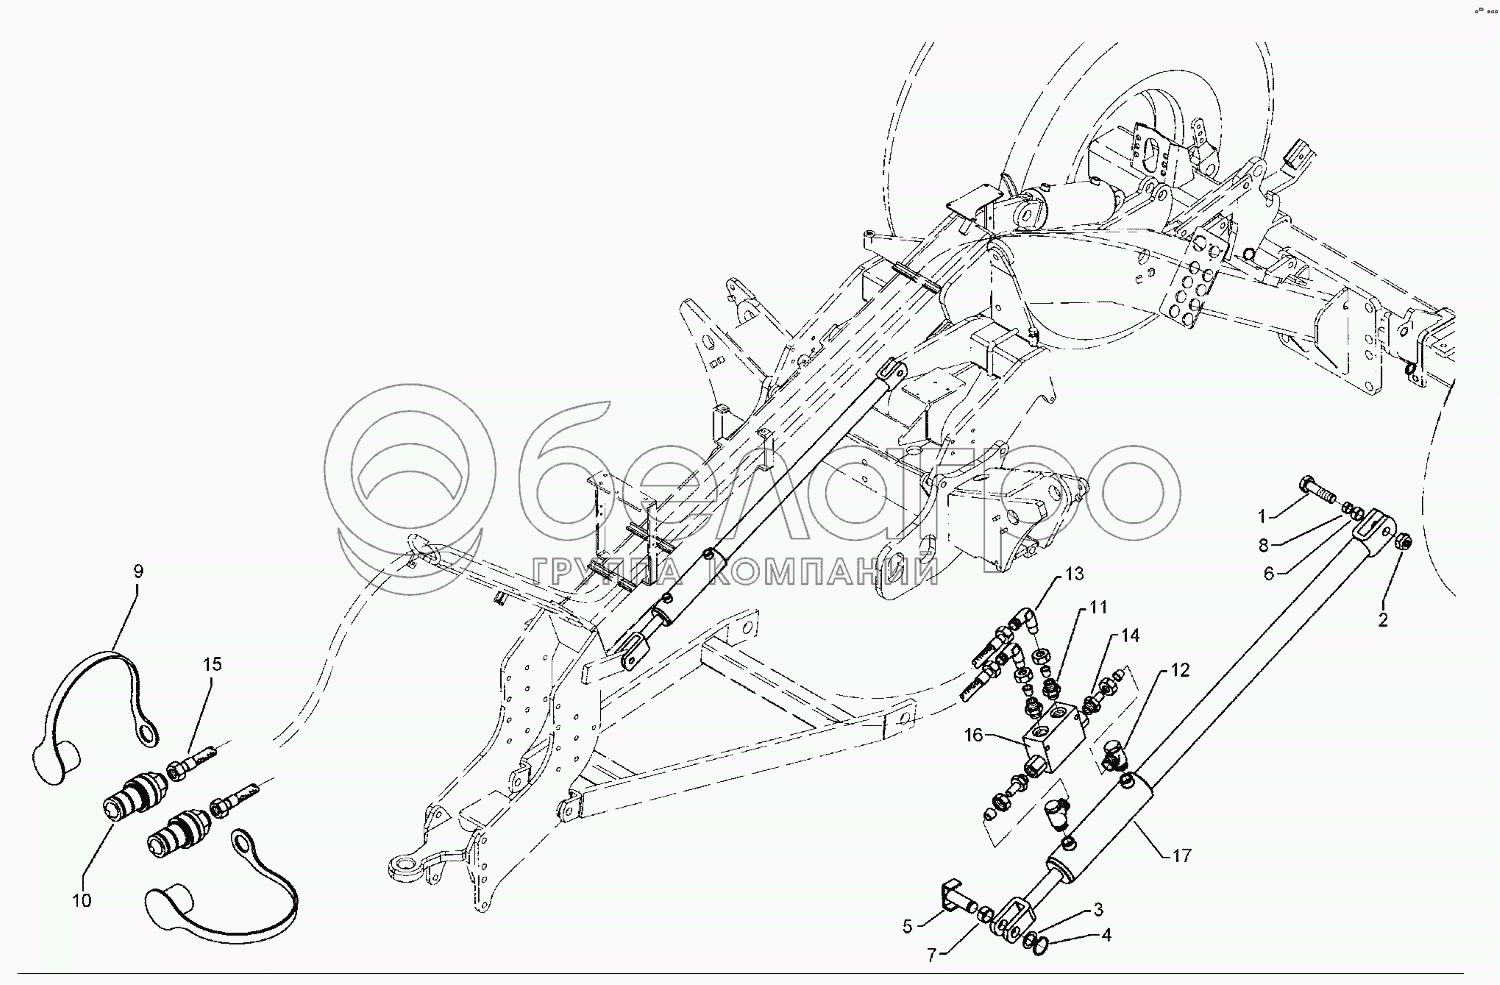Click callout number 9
tap(138, 571)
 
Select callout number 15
tap(212, 664)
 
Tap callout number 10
tap(81, 900)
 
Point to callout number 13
tap(1074, 574)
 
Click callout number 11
tap(1099, 607)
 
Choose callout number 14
tap(1130, 635)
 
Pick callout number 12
tap(1180, 670)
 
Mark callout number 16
tap(975, 735)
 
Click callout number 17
tap(1181, 856)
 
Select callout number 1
tap(1262, 516)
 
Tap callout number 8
tap(1263, 545)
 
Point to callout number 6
tap(1268, 573)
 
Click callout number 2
tap(1383, 620)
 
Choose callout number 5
tap(907, 926)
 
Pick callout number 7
tap(931, 955)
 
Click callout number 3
tap(1098, 909)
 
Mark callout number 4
tap(1106, 936)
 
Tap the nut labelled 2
tap(1401, 542)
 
